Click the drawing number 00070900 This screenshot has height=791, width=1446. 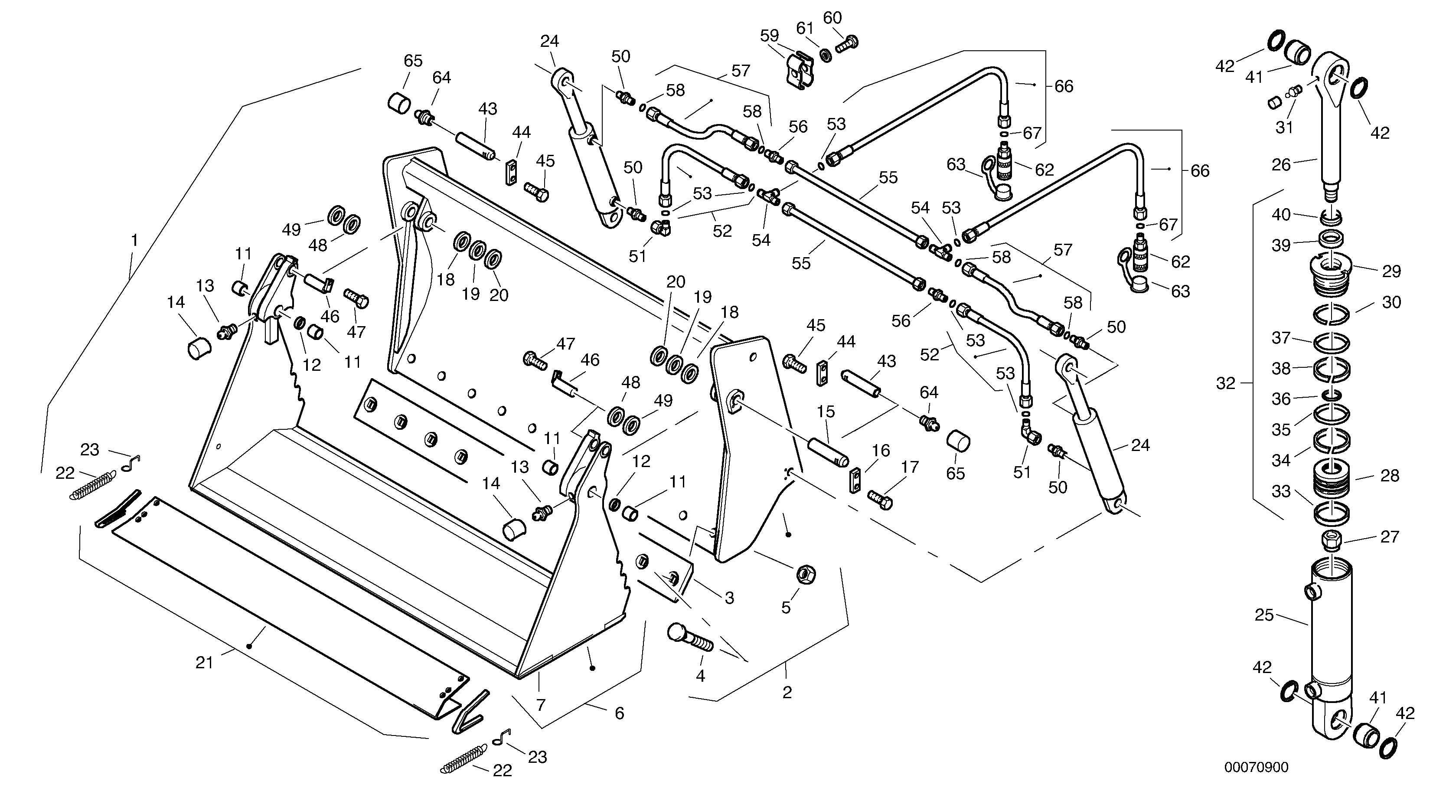1256,767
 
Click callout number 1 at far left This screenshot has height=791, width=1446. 134,240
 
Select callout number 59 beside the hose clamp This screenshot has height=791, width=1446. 769,36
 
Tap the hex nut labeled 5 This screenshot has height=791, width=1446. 806,574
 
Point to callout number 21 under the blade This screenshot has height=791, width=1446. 204,663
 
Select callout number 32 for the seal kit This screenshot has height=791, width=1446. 1225,383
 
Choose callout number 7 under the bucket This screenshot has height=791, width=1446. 541,705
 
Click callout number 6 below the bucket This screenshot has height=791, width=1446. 619,713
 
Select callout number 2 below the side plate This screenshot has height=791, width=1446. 787,692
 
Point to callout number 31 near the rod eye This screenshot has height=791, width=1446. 1284,127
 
